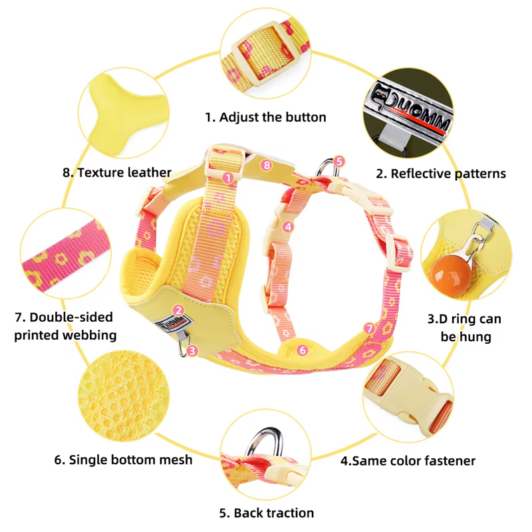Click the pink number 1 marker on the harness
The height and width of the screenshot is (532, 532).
click(x=228, y=178)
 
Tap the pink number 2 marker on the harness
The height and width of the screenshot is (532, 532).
click(x=178, y=310)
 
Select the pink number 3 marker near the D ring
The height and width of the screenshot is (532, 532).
click(x=192, y=350)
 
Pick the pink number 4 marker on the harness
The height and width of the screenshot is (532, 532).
click(x=288, y=227)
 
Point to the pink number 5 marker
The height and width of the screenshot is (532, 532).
click(x=339, y=161)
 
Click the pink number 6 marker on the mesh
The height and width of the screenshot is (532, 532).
click(x=303, y=350)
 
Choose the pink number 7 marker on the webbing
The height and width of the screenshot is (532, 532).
click(x=370, y=328)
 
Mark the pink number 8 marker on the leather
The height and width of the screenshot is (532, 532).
click(x=267, y=165)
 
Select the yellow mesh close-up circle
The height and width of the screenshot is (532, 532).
click(x=124, y=396)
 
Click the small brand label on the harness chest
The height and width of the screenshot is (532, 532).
click(x=174, y=323)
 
